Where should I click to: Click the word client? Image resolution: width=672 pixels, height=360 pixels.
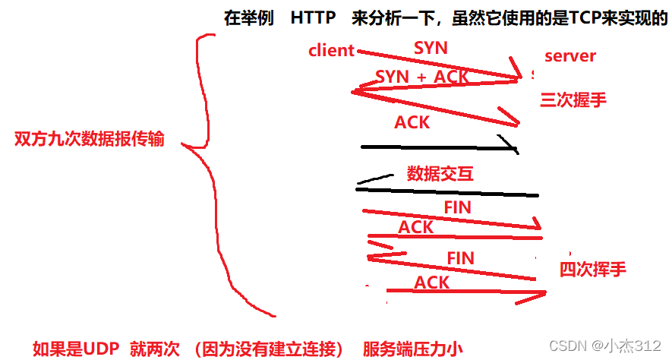(x=332, y=51)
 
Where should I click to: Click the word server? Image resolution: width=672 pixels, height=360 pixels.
(x=570, y=55)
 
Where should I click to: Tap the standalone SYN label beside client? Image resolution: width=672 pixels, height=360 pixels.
(x=431, y=48)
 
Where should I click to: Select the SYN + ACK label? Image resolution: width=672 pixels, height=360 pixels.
(x=422, y=76)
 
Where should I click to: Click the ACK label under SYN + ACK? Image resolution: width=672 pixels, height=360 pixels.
(x=412, y=122)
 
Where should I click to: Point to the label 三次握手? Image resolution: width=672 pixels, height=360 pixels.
(x=573, y=99)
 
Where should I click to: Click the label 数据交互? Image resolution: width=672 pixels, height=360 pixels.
(x=440, y=173)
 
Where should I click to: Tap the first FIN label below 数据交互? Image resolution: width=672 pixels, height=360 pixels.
(x=457, y=207)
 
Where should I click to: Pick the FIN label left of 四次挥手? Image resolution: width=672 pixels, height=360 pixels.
(x=460, y=257)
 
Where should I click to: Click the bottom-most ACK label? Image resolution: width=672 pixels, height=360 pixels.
(x=431, y=283)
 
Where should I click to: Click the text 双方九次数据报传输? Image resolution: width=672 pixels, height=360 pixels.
(x=89, y=140)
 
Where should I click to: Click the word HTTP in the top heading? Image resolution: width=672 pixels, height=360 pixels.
(x=313, y=18)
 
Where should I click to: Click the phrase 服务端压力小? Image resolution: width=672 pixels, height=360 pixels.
(x=412, y=349)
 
